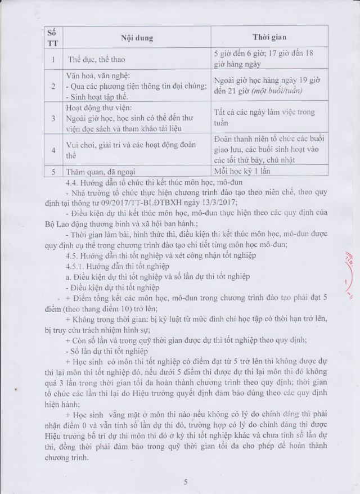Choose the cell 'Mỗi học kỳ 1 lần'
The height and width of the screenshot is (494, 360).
(x=244, y=172)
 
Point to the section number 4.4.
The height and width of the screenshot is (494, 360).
(x=74, y=182)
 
